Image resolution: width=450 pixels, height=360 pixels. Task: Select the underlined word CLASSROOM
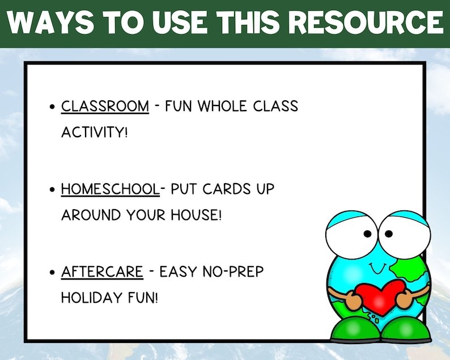(x=105, y=106)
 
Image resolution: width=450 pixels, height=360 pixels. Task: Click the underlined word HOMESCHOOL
(x=110, y=189)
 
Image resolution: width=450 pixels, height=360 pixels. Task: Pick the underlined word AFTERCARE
(x=102, y=272)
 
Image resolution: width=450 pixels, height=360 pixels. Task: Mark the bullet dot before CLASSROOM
(x=53, y=107)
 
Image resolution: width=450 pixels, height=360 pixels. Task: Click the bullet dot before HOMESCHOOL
(x=53, y=189)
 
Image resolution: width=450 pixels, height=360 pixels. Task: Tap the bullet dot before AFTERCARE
(x=53, y=272)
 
